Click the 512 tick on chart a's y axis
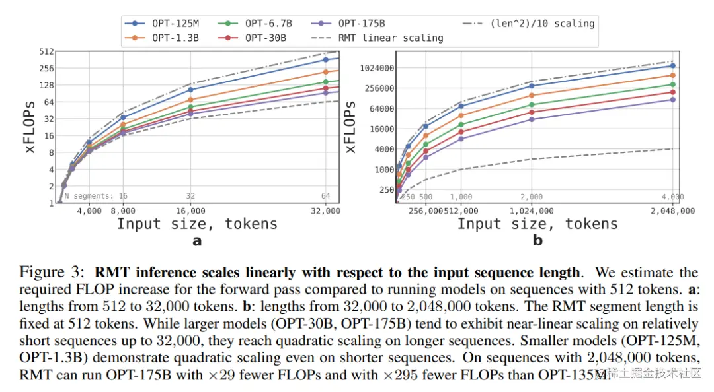(x=46, y=51)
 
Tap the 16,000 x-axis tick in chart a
(x=190, y=211)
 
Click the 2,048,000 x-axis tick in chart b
(x=672, y=211)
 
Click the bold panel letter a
(x=196, y=241)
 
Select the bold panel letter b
(x=537, y=241)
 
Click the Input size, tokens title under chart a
(x=197, y=224)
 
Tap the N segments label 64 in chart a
(x=325, y=196)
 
